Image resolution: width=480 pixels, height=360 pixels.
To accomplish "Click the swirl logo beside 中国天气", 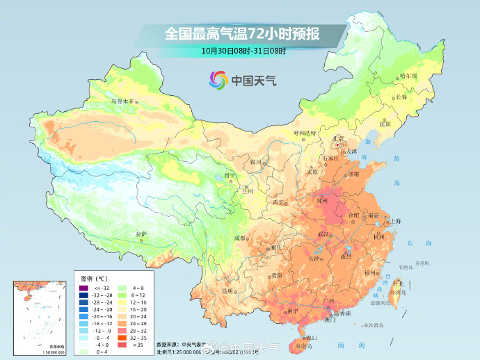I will tap(217, 81).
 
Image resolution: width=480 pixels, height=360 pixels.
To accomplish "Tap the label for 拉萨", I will tap(141, 234).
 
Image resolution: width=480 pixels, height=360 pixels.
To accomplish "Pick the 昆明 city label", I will tap(227, 290).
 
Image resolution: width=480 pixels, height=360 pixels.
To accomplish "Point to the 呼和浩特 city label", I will tap(304, 132).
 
